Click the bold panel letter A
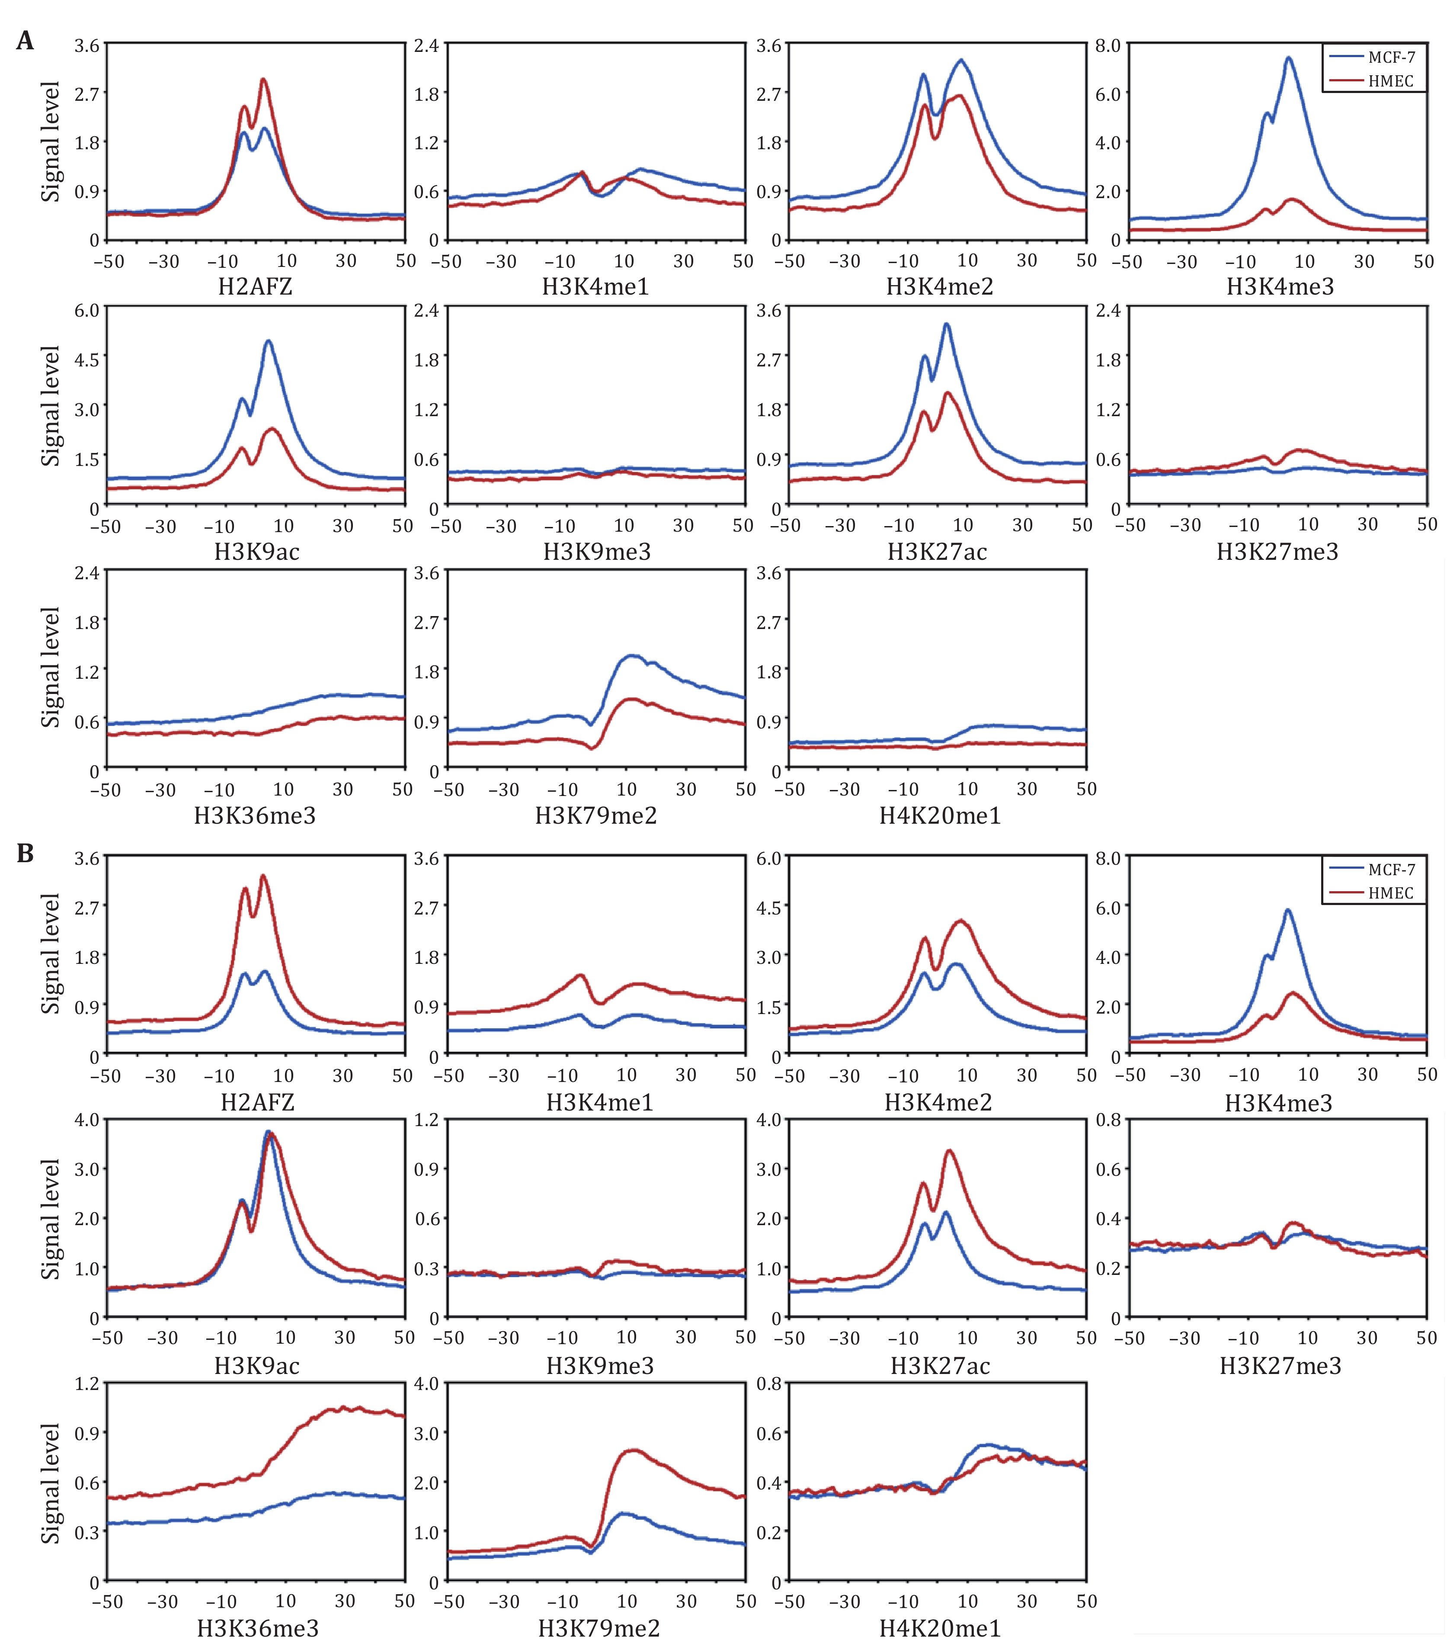25,40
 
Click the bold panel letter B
25,853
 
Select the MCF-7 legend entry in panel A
1390,57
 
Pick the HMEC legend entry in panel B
1390,893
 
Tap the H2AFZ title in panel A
255,286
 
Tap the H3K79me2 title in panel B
599,1628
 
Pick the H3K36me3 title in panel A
255,815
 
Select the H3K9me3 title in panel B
600,1366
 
